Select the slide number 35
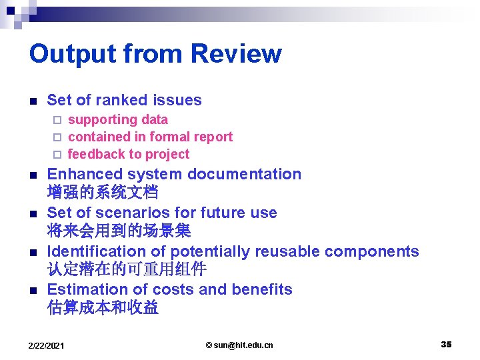point(446,344)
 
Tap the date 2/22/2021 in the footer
point(47,345)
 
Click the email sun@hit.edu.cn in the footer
point(239,345)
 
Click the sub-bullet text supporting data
point(118,120)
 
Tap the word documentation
point(244,174)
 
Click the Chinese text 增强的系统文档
point(103,193)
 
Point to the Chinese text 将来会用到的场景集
point(119,231)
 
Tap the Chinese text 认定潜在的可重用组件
point(127,270)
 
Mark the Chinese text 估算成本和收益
point(103,308)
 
